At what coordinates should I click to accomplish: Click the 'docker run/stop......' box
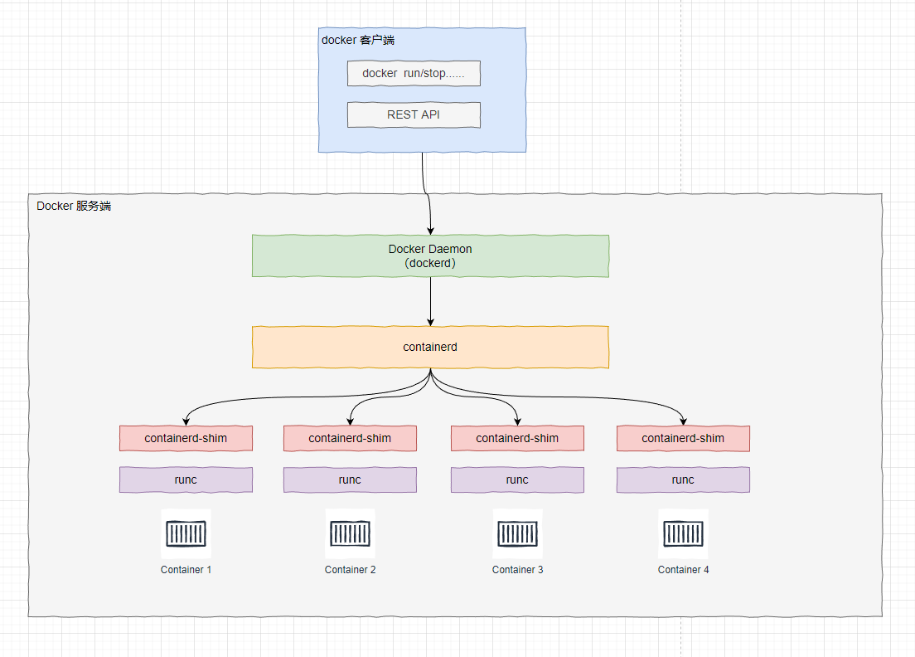pyautogui.click(x=414, y=73)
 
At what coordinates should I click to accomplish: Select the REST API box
pyautogui.click(x=414, y=114)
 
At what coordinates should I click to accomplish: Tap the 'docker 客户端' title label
pyautogui.click(x=357, y=40)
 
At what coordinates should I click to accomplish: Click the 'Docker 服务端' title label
pyautogui.click(x=74, y=206)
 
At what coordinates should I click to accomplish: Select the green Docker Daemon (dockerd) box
pyautogui.click(x=430, y=255)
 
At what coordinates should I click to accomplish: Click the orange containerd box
pyautogui.click(x=430, y=347)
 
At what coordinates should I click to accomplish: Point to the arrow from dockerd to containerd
pyautogui.click(x=430, y=301)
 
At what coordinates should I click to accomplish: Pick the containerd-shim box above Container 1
pyautogui.click(x=186, y=438)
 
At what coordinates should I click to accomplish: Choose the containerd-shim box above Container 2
pyautogui.click(x=350, y=438)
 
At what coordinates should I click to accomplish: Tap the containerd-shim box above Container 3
pyautogui.click(x=517, y=438)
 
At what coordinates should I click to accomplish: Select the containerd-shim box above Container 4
pyautogui.click(x=683, y=438)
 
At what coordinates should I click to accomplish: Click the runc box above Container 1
pyautogui.click(x=186, y=479)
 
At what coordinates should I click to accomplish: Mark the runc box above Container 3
pyautogui.click(x=517, y=479)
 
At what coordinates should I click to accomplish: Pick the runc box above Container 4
pyautogui.click(x=683, y=479)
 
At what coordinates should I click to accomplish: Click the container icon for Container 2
pyautogui.click(x=350, y=533)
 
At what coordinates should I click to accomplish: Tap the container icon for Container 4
pyautogui.click(x=683, y=533)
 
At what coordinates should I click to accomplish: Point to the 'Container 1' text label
pyautogui.click(x=186, y=570)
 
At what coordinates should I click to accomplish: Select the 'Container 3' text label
pyautogui.click(x=517, y=570)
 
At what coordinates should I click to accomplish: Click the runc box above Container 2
pyautogui.click(x=350, y=479)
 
